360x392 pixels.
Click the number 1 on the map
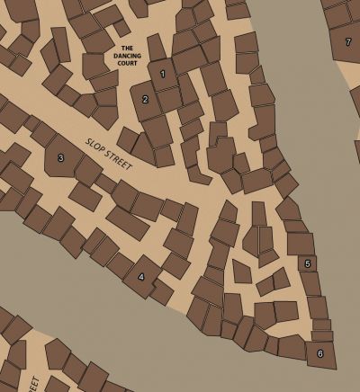[x=163, y=73]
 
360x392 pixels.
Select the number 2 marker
[x=146, y=99]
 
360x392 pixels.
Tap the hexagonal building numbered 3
[x=60, y=158]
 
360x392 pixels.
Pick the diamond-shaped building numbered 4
[x=140, y=276]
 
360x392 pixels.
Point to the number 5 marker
[x=308, y=263]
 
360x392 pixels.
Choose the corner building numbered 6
[x=319, y=353]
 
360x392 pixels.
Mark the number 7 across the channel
[x=347, y=41]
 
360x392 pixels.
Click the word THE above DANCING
[x=127, y=48]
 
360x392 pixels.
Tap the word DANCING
[x=127, y=55]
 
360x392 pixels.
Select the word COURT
[x=127, y=62]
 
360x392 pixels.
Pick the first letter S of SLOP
[x=88, y=140]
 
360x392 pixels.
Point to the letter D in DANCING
[x=115, y=55]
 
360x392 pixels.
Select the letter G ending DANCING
[x=139, y=55]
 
